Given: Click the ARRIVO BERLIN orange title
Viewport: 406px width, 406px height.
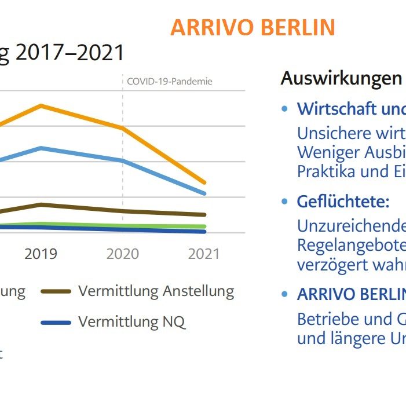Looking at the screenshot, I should coord(253,28).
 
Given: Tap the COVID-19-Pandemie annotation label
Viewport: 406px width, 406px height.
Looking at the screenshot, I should coord(170,81).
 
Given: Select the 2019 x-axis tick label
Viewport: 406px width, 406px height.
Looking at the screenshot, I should coord(41,254).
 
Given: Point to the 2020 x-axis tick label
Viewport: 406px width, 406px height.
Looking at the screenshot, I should coord(123,254).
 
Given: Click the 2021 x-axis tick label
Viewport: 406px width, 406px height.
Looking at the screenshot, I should coord(204,254).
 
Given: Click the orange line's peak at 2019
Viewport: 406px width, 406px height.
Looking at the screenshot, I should coord(41,105).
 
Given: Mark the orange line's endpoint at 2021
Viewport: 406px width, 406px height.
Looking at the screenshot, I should coord(204,182).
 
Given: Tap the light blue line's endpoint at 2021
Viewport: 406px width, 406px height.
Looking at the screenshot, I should coord(204,193).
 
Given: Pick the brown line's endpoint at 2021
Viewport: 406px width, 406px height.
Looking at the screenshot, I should coord(204,214).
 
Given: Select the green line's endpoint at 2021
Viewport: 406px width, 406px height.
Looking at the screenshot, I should coord(204,226).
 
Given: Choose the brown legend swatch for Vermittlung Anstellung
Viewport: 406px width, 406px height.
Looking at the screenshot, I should coord(56,291).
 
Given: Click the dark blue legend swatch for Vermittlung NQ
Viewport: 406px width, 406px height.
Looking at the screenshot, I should coord(56,322).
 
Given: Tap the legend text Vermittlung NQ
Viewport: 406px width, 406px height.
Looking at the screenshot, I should coord(132,321).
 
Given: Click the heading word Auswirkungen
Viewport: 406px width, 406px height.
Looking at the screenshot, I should coord(341,79).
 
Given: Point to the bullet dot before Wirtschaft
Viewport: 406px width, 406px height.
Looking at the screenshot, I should coord(284,109).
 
